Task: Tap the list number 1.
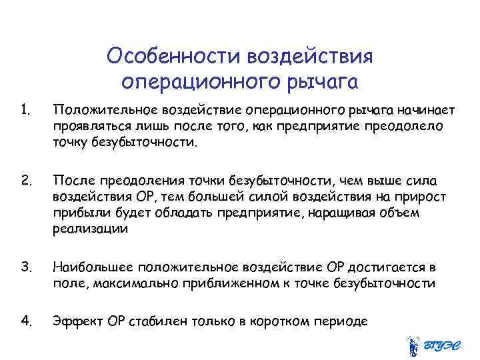tap(25, 109)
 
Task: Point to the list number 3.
tap(26, 267)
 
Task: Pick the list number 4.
tap(26, 320)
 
